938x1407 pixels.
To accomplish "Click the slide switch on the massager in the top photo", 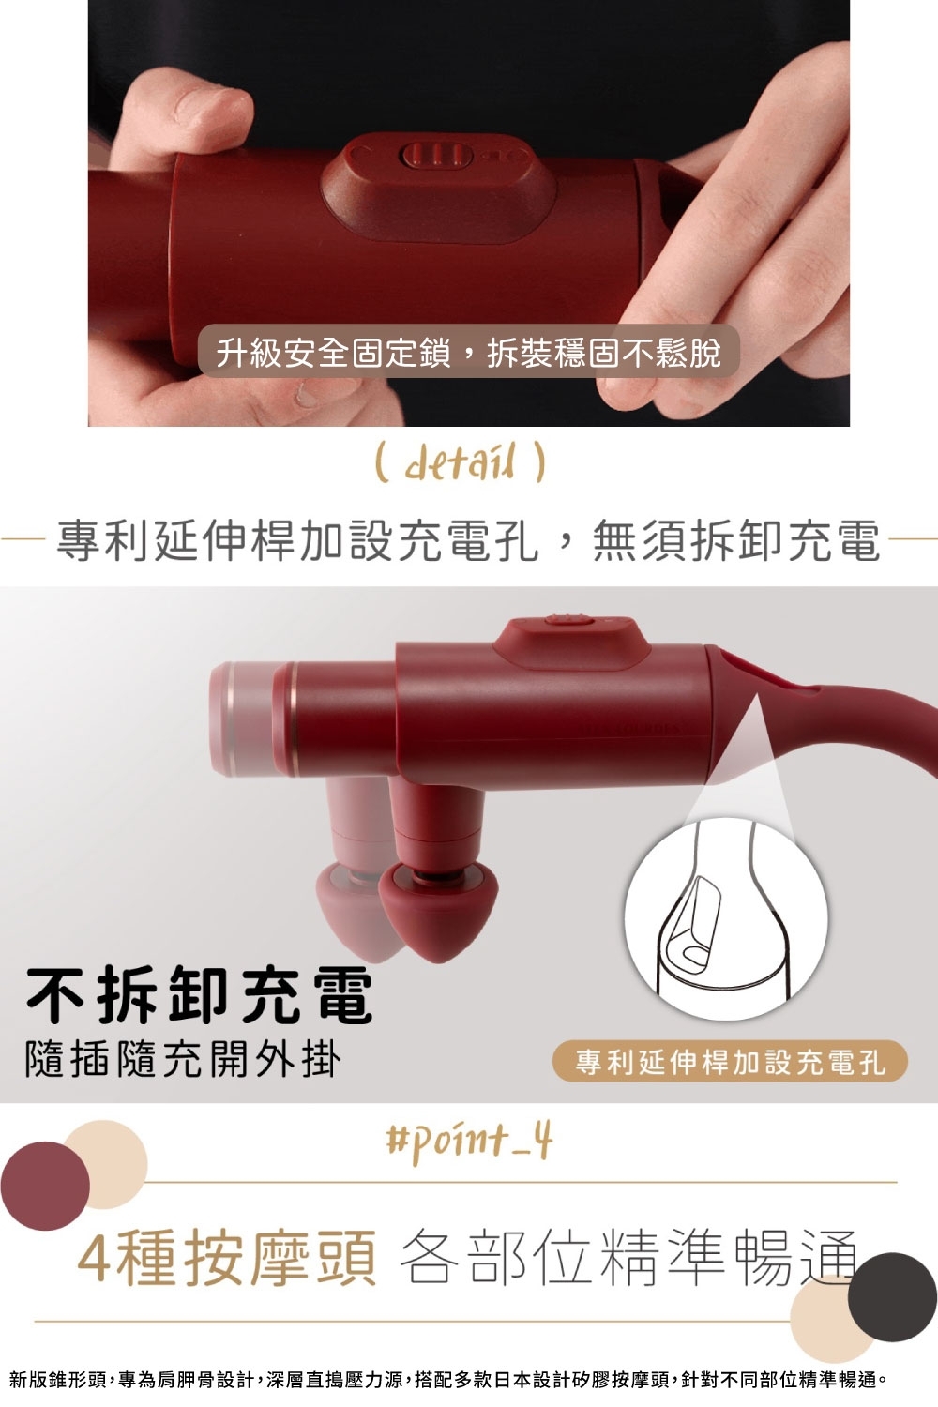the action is [436, 156].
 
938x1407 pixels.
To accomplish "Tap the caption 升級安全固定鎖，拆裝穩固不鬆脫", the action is [468, 352].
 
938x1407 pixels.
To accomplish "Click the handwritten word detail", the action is [461, 461].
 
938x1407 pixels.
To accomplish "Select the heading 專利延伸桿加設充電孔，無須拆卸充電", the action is [468, 540].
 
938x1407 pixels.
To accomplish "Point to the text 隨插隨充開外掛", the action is [183, 1058].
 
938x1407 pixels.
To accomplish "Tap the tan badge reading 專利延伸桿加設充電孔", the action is [730, 1061].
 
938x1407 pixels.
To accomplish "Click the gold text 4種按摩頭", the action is [227, 1257].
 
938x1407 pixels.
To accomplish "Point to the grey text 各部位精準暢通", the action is [628, 1257].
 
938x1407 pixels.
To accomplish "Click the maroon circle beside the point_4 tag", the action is [45, 1186].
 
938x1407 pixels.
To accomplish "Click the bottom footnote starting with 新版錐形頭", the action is [448, 1380].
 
